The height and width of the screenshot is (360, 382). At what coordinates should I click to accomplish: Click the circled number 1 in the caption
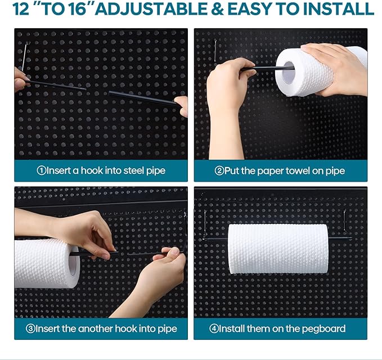(41, 170)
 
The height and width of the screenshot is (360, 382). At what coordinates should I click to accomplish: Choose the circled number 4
(214, 328)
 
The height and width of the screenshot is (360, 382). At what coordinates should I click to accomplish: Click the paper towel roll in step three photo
(45, 263)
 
